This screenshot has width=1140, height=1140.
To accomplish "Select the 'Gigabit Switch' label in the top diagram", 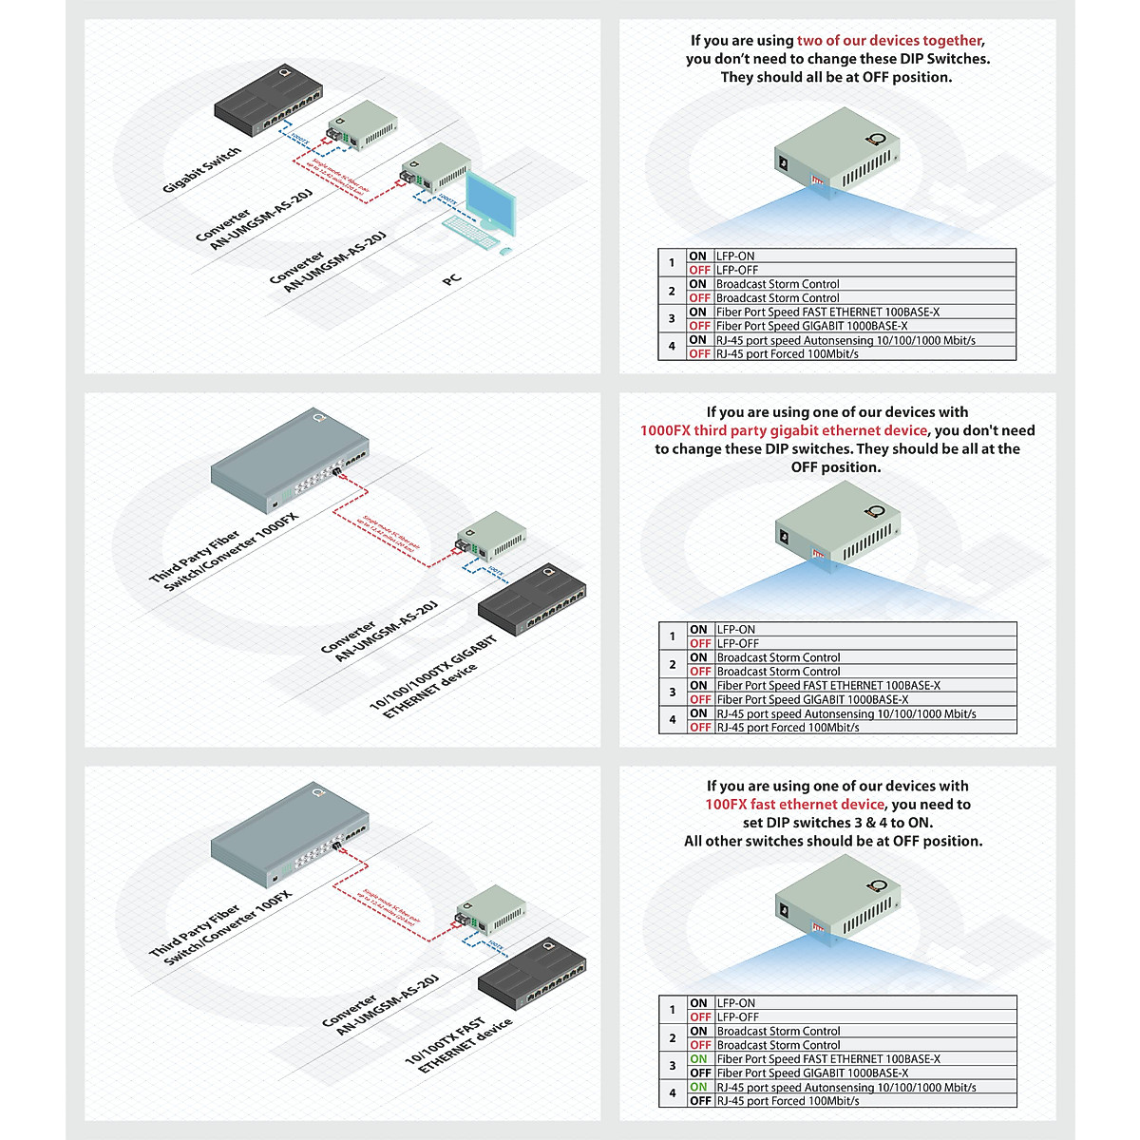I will (201, 169).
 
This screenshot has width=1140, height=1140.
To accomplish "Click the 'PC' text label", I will (451, 279).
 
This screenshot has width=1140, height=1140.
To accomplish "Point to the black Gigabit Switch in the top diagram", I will (269, 102).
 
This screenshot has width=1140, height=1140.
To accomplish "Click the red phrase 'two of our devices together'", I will (889, 41).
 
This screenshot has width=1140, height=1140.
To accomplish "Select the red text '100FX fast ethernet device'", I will (794, 805).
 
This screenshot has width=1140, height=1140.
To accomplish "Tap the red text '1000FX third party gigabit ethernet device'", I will (784, 430).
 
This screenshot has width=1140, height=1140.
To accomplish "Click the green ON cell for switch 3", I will (699, 1059).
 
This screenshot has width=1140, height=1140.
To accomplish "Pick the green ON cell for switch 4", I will (699, 1088).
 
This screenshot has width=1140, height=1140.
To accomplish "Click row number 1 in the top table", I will (672, 263).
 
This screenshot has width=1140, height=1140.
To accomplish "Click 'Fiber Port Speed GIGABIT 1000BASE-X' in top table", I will (811, 326).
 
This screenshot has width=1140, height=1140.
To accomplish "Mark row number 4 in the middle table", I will (673, 720).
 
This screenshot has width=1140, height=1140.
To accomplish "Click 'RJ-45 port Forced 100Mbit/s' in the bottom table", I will (788, 1101).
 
